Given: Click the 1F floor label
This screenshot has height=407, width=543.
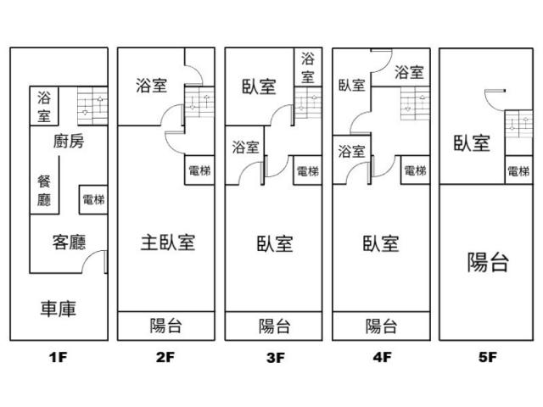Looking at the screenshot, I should [58, 358].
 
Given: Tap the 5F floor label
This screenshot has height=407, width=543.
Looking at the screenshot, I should [486, 358].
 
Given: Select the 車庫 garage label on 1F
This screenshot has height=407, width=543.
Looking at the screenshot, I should [59, 309].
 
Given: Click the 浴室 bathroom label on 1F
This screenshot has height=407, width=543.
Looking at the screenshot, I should [43, 106].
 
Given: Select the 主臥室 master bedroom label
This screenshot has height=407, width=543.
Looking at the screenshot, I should [167, 243].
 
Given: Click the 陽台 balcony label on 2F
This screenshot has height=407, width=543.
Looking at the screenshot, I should [167, 326].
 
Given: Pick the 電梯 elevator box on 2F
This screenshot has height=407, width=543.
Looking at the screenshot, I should [200, 170].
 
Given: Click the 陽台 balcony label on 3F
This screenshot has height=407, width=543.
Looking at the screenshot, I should [274, 326].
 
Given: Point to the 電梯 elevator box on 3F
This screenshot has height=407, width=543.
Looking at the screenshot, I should [308, 170].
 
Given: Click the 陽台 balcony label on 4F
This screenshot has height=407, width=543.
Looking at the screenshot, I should [381, 326].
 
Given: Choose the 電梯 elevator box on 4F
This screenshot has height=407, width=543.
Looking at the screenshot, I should [415, 170].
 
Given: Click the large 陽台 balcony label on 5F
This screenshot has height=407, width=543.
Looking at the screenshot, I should [488, 262].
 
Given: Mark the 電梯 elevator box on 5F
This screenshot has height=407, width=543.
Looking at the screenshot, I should [518, 170].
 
